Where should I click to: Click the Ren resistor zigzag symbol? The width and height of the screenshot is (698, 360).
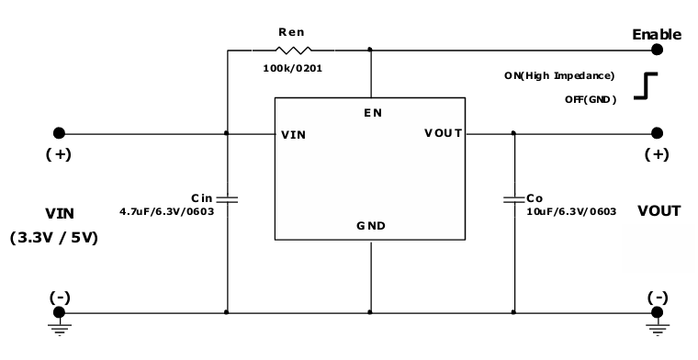point(294,51)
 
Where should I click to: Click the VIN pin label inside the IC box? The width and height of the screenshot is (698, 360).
point(295,134)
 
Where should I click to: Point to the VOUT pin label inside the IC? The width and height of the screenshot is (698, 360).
point(444,134)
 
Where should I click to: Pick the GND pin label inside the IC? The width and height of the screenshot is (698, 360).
point(372,225)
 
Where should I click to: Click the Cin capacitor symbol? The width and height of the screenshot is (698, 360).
point(227,197)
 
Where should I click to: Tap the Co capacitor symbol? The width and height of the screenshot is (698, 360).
point(513,197)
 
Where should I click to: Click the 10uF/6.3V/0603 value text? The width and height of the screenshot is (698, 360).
point(571,211)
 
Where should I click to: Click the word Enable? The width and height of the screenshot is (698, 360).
point(657,34)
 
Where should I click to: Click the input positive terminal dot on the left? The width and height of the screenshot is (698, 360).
point(59,133)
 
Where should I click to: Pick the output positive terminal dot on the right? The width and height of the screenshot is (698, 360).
point(658,133)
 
